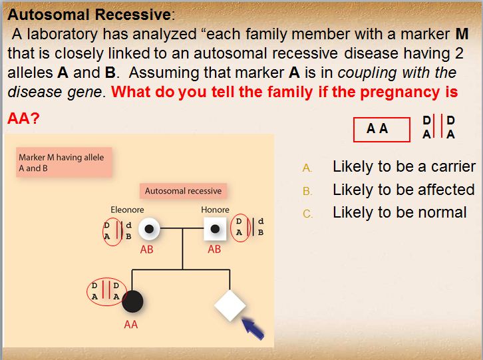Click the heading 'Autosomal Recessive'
(x=87, y=14)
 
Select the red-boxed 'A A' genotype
(x=378, y=128)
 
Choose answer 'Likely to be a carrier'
(x=404, y=166)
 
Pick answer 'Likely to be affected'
(x=403, y=190)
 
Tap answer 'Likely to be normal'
(x=399, y=212)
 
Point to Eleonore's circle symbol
(x=150, y=229)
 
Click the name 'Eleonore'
(x=127, y=210)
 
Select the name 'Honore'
(x=215, y=210)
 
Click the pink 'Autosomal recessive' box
(x=183, y=191)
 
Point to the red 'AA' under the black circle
(x=131, y=325)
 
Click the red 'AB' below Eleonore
(x=147, y=250)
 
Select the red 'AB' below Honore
(x=214, y=250)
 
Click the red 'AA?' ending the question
(x=23, y=118)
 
